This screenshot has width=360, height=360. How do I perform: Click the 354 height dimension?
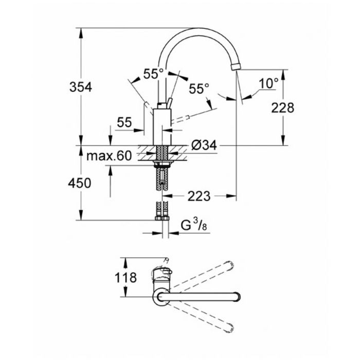point(81,87)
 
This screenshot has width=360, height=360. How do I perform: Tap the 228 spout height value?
point(283,107)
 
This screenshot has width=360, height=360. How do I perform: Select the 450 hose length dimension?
point(79,183)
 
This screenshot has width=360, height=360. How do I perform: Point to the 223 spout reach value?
point(199,196)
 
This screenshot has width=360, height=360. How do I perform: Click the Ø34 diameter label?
point(204,145)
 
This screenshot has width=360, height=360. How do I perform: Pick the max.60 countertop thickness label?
point(109,156)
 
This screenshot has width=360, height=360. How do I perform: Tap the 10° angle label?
point(268,83)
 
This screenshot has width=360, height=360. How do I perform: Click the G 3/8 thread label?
point(194,225)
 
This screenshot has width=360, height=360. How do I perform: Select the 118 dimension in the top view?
point(125,277)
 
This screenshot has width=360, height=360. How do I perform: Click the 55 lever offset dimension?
point(124,122)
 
